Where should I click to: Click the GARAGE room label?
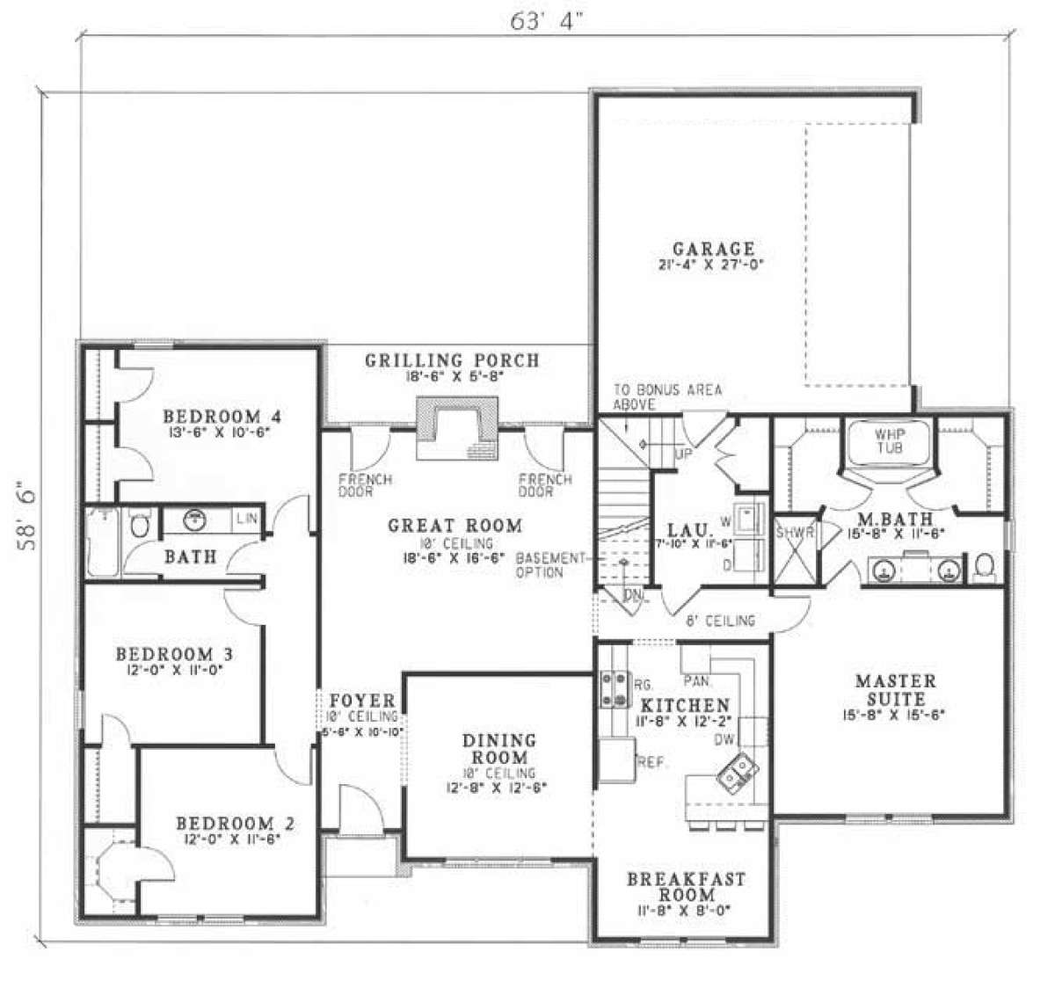[x=713, y=250]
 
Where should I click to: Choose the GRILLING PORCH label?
[x=452, y=360]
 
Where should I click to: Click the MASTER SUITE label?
[x=896, y=690]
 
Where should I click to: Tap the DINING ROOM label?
[x=498, y=749]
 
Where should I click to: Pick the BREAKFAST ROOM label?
[x=685, y=887]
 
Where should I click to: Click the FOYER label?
[x=362, y=701]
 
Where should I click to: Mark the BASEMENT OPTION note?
[x=551, y=565]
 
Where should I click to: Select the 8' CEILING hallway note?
[x=720, y=621]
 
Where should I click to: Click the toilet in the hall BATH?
[x=138, y=527]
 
